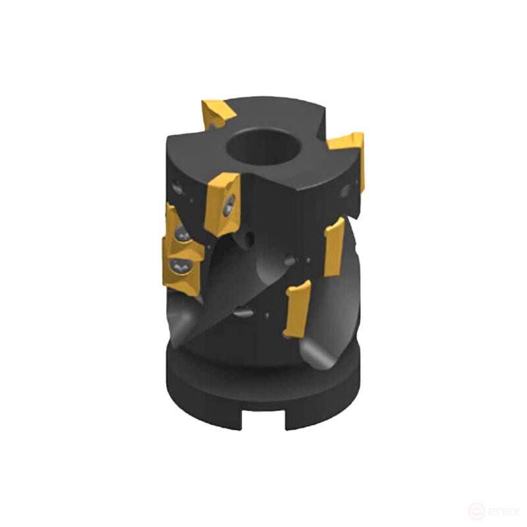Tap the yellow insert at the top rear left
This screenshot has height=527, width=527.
pos(218,113)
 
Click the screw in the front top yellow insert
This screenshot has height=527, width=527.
pos(228,206)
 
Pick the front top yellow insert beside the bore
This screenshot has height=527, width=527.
pos(221,202)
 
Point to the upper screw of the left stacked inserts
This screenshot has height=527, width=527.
pos(180,234)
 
